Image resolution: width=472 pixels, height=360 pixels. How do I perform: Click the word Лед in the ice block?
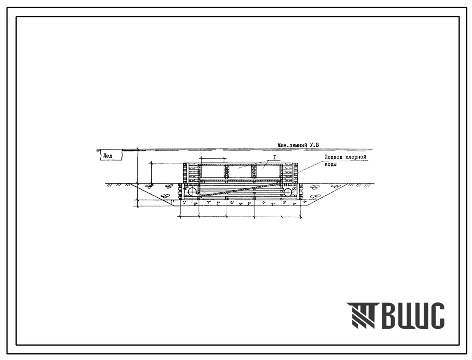(108, 156)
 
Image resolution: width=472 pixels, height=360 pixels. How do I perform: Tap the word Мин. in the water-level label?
(283, 145)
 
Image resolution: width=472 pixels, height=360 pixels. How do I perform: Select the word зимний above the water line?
(298, 145)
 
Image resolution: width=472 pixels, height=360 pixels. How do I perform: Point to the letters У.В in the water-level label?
(314, 145)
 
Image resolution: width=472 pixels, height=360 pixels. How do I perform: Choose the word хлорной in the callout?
(356, 157)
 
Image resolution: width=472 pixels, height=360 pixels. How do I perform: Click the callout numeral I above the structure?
(274, 157)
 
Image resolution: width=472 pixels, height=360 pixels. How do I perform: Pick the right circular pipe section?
(288, 192)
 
